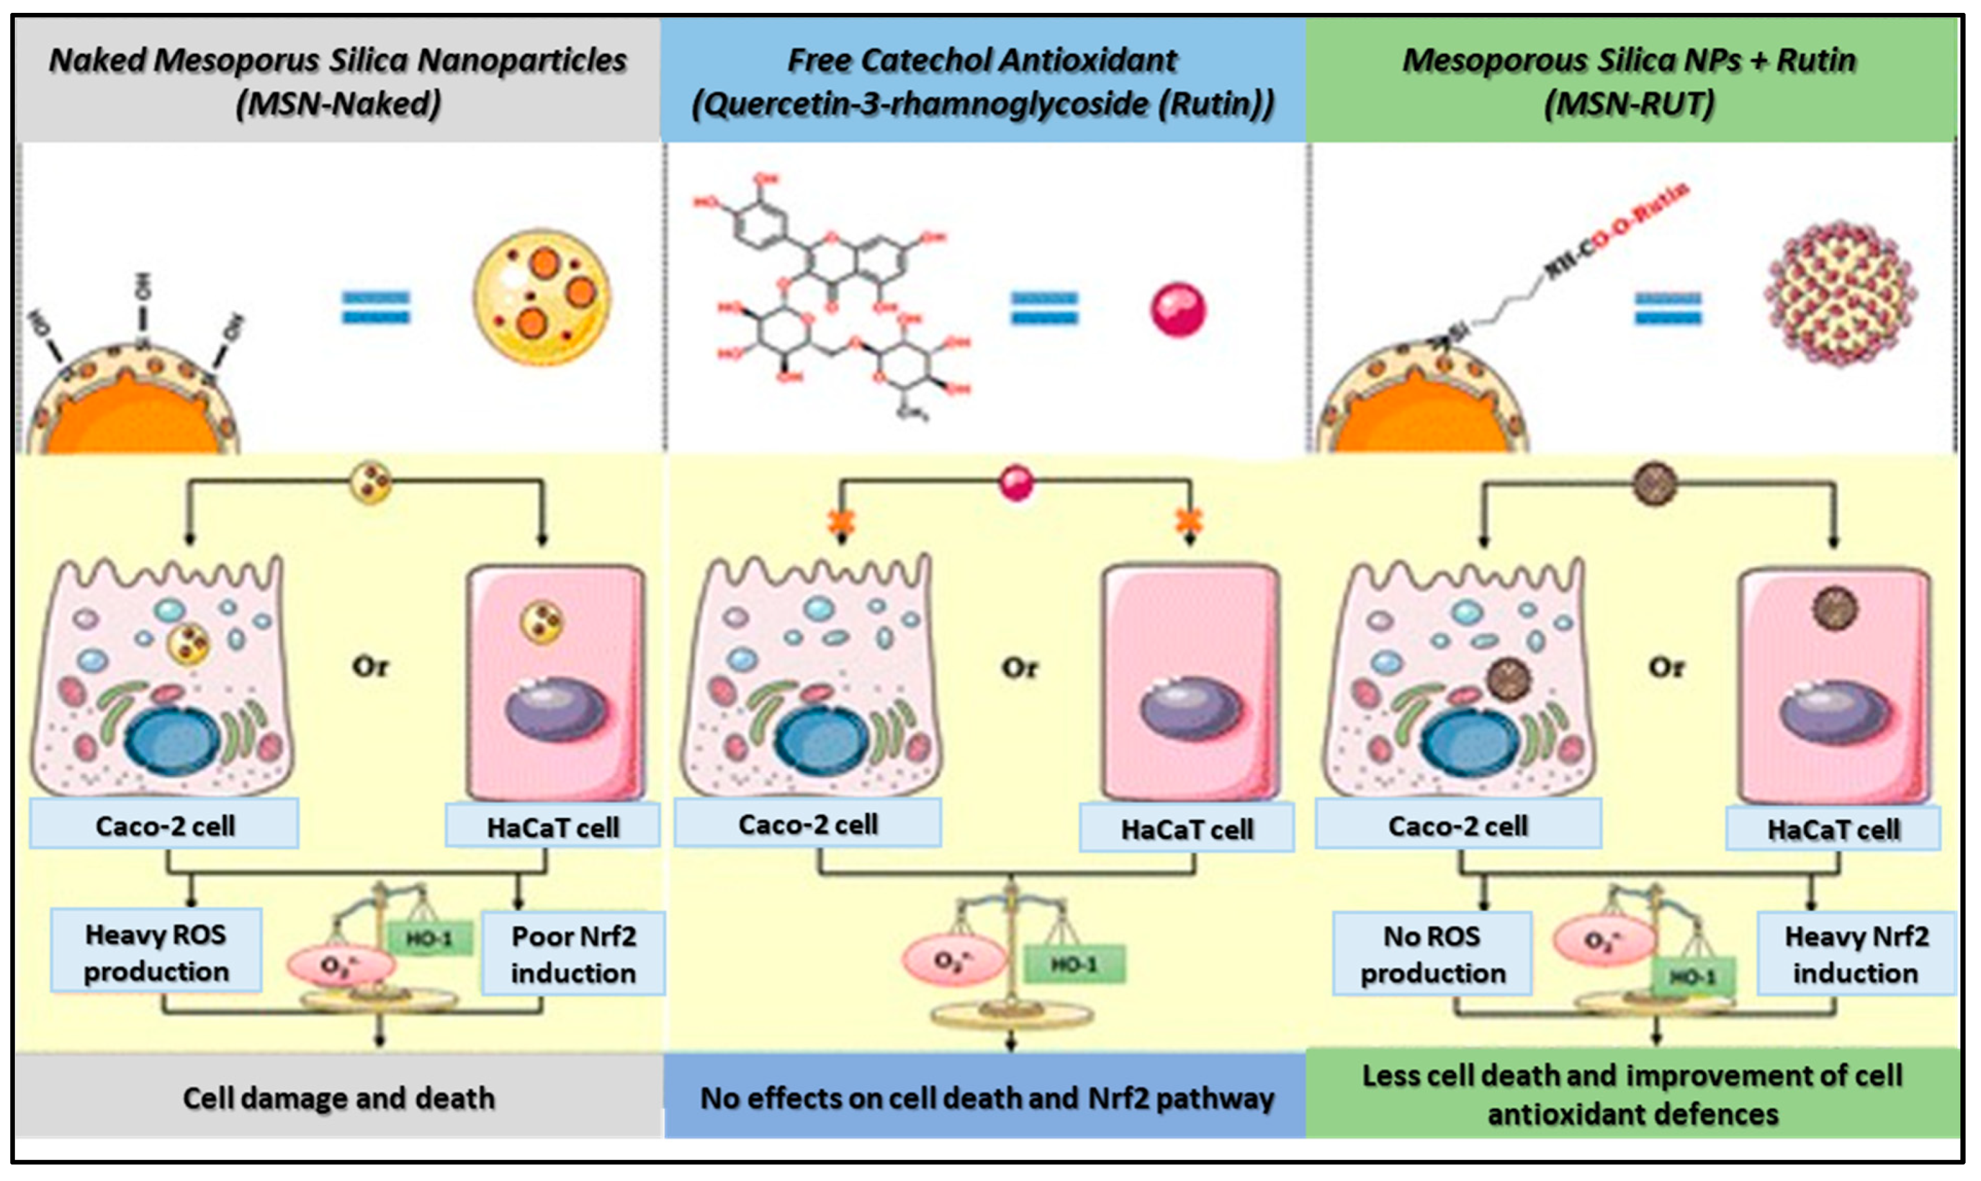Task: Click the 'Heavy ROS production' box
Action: (156, 953)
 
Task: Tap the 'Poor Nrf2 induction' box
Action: (573, 954)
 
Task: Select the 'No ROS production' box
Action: (1432, 954)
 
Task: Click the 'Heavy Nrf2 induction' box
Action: (1856, 954)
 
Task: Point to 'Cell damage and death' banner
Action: (338, 1098)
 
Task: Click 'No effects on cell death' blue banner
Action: (985, 1098)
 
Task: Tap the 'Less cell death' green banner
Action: (1632, 1094)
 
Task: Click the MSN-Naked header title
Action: (338, 81)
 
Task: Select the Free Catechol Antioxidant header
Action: (983, 81)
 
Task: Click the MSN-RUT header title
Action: (1629, 81)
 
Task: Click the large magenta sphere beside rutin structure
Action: (1178, 311)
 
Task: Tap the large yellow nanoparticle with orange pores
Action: (542, 298)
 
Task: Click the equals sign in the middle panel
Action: (1044, 309)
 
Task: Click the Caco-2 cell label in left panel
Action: (165, 825)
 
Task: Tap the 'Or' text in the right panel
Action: (1666, 666)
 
